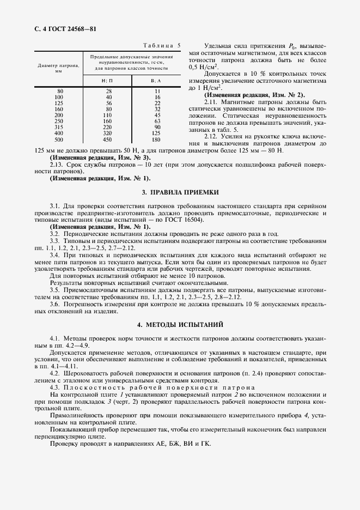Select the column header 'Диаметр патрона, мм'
59,68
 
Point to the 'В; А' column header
157,81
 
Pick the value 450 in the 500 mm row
108,139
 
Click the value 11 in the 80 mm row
157,90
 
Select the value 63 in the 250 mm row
157,121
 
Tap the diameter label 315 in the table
59,127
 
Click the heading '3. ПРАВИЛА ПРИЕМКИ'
180,192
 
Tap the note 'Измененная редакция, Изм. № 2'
254,95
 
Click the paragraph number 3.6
55,303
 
